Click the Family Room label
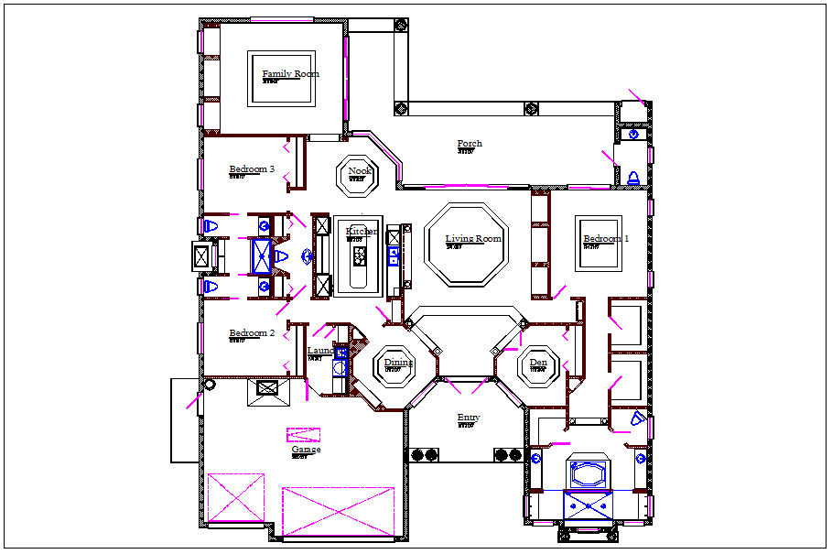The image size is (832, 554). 290,74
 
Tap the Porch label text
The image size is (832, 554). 470,144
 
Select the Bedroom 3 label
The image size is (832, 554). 252,169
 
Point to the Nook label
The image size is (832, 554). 360,171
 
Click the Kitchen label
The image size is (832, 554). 362,233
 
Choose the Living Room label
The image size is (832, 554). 473,239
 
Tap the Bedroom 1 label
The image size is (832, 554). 606,240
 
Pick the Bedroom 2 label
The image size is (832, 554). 252,333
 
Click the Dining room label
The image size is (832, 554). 398,363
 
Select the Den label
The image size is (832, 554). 538,363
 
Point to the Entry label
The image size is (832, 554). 469,418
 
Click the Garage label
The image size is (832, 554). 306,450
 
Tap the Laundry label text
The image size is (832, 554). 320,351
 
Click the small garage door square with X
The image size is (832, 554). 235,498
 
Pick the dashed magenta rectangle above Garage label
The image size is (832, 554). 303,435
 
